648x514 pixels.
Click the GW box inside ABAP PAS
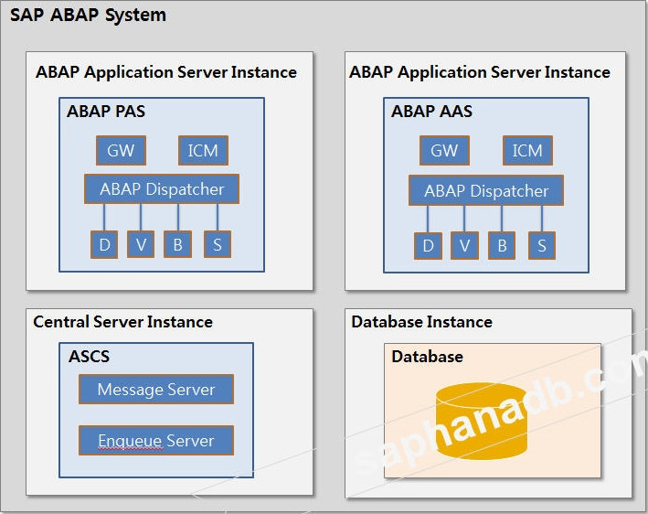coord(120,150)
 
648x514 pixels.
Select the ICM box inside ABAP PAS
coord(203,150)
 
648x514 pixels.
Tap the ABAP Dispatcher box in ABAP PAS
coord(162,189)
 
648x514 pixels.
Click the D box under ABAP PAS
coord(104,244)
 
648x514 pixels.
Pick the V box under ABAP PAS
coord(141,244)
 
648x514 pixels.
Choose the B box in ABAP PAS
coord(177,244)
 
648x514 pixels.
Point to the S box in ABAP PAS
coord(218,244)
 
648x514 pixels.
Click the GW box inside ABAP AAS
coord(444,150)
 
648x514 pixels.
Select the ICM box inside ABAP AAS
coord(527,150)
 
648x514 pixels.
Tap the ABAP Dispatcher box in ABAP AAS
coord(486,190)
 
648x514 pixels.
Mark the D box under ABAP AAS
coord(428,245)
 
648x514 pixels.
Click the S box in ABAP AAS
coord(542,245)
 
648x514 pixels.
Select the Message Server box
coord(156,389)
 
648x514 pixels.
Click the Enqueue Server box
coord(156,440)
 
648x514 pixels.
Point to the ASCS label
coord(90,357)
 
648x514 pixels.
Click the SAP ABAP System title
coord(89,16)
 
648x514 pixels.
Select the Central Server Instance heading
coord(122,322)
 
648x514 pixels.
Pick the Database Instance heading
coord(421,322)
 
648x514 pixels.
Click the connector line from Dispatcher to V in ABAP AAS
coord(464,219)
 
